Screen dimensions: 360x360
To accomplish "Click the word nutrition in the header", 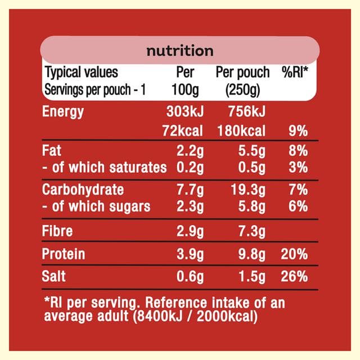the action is (x=180, y=51).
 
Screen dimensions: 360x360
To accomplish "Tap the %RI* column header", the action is (x=295, y=72).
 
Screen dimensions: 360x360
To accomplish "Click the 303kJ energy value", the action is (x=185, y=111).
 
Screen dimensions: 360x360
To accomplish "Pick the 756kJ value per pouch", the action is (x=247, y=111).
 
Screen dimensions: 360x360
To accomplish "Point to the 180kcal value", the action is (x=241, y=130).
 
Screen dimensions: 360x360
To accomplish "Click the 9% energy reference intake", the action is (x=298, y=131).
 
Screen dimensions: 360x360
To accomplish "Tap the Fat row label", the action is (x=52, y=150).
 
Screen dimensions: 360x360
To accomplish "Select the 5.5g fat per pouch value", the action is (x=252, y=151).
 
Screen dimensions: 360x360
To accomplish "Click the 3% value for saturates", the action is (x=298, y=167).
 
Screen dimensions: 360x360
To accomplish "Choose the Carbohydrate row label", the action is (x=83, y=190).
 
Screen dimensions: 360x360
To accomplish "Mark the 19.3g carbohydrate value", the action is (x=248, y=190).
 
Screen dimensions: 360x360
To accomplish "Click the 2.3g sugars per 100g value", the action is (x=190, y=207).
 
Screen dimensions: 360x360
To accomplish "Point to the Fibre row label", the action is (x=57, y=231).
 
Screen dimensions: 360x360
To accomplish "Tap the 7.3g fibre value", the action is (x=252, y=231).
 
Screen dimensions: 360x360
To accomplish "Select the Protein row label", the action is (x=64, y=254).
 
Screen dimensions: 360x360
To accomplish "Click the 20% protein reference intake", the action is (x=294, y=254).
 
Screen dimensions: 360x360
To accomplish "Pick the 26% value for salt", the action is (x=294, y=276).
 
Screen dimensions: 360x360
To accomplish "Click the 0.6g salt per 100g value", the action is (x=190, y=277).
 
